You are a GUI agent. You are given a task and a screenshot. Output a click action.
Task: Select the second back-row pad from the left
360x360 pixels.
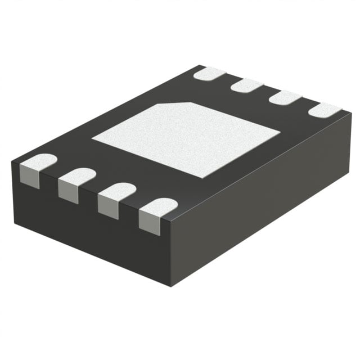pos(247,85)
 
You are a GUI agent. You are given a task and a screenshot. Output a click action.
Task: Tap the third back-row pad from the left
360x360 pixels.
pos(285,97)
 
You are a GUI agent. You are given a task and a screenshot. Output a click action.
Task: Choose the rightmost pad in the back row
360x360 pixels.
pos(325,110)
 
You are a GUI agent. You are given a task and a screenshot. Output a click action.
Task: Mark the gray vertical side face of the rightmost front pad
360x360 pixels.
pos(149,224)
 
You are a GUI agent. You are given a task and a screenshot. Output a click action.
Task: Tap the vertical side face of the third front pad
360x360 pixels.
pos(107,208)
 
